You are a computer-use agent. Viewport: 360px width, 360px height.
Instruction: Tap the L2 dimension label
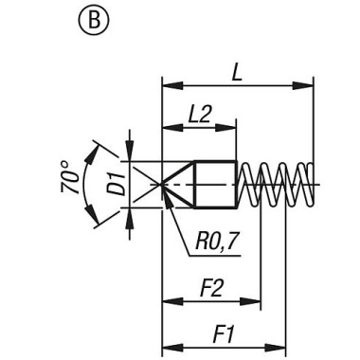tap(199, 114)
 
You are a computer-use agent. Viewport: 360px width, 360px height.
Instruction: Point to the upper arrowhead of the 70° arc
tap(95, 145)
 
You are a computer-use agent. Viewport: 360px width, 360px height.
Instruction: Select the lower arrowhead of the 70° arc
tap(95, 224)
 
